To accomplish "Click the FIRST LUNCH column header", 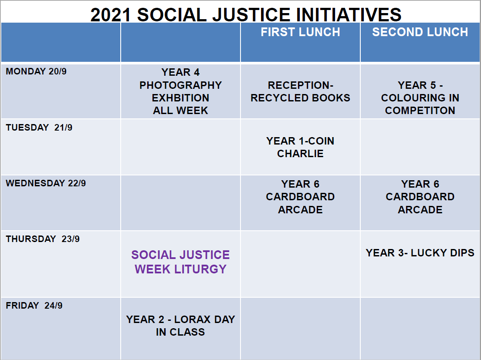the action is pyautogui.click(x=300, y=32).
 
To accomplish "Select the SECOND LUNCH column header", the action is pyautogui.click(x=420, y=32).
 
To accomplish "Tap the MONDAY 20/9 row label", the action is pyautogui.click(x=36, y=71).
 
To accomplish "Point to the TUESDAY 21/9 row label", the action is pyautogui.click(x=39, y=128).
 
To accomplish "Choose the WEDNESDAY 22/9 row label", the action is pyautogui.click(x=46, y=183).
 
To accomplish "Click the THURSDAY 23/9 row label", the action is pyautogui.click(x=43, y=239).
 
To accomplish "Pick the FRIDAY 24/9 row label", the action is pyautogui.click(x=34, y=306).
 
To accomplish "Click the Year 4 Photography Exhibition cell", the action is pyautogui.click(x=180, y=91).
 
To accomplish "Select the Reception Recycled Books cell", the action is pyautogui.click(x=300, y=91).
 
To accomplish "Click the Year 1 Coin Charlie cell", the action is pyautogui.click(x=300, y=147).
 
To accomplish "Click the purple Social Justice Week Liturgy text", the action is pyautogui.click(x=180, y=262).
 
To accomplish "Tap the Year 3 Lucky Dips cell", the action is pyautogui.click(x=420, y=253).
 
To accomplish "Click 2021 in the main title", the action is pyautogui.click(x=111, y=15).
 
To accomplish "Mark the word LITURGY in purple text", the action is pyautogui.click(x=200, y=269).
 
